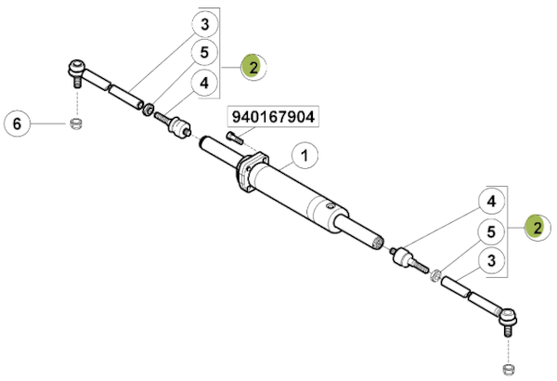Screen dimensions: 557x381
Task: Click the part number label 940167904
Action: tap(273, 117)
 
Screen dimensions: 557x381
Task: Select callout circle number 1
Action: tap(304, 155)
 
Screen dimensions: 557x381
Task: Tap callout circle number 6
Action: tap(17, 124)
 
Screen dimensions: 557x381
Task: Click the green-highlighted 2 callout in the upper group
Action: tap(253, 67)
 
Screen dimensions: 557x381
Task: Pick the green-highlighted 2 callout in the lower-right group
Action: tap(538, 228)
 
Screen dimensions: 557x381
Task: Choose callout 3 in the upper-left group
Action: tap(205, 24)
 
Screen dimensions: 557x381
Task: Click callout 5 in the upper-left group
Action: tap(204, 52)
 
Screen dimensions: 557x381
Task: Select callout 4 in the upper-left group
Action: tap(204, 83)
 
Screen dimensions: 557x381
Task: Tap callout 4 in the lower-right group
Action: tap(491, 202)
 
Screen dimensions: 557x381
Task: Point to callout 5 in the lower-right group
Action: tap(491, 231)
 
